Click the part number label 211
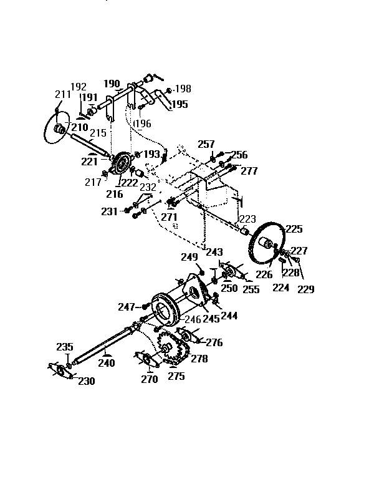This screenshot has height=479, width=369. tap(62, 94)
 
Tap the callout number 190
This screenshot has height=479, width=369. tap(112, 84)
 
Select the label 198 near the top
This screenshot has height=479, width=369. tap(183, 89)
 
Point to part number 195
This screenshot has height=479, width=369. tap(179, 104)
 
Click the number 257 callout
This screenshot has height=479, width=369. tap(206, 144)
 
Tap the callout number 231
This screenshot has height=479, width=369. tap(109, 211)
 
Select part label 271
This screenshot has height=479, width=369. tap(169, 216)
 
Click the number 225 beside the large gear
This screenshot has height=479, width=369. tap(294, 230)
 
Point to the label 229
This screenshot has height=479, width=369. tap(305, 289)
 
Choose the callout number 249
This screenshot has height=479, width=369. tap(189, 256)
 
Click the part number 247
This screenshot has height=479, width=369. tap(127, 307)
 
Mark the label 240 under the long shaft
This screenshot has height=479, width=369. tap(106, 362)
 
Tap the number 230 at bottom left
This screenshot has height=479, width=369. tap(86, 381)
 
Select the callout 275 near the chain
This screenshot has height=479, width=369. tap(176, 376)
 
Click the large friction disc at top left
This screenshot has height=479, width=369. tap(55, 127)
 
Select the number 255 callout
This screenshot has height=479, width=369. tap(251, 289)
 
